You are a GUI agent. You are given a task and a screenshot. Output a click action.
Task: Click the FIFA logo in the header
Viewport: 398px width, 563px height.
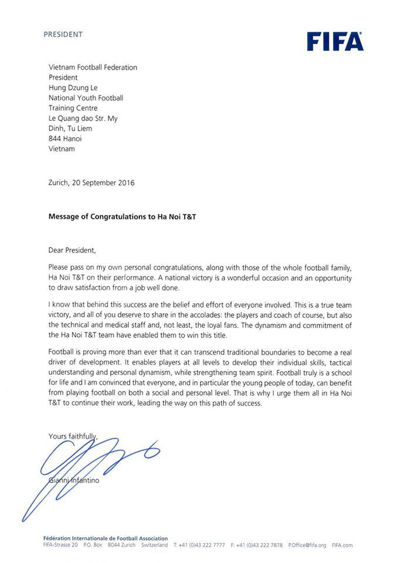pyautogui.click(x=335, y=42)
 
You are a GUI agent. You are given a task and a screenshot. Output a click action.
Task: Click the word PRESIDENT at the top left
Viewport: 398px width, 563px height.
pyautogui.click(x=63, y=35)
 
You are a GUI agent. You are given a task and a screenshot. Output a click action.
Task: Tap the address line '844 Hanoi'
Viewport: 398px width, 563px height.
pyautogui.click(x=65, y=138)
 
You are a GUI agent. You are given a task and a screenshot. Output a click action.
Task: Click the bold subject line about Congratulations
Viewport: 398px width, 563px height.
pyautogui.click(x=122, y=216)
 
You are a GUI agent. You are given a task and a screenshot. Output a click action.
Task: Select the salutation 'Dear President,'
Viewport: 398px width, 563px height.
pyautogui.click(x=72, y=250)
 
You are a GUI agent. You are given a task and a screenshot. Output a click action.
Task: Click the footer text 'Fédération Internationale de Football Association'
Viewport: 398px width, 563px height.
pyautogui.click(x=106, y=538)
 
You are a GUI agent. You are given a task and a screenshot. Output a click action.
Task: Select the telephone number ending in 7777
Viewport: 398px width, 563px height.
pyautogui.click(x=199, y=545)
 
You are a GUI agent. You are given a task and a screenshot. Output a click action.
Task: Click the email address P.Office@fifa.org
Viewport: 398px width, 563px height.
pyautogui.click(x=307, y=545)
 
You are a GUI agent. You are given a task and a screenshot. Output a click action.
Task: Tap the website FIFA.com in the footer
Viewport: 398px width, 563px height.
pyautogui.click(x=342, y=545)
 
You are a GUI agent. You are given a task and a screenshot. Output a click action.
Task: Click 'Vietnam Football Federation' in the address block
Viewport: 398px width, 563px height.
pyautogui.click(x=93, y=67)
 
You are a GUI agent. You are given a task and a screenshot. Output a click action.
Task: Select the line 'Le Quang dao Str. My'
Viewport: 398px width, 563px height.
pyautogui.click(x=83, y=118)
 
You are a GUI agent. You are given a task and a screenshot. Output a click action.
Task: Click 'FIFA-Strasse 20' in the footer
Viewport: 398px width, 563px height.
pyautogui.click(x=60, y=545)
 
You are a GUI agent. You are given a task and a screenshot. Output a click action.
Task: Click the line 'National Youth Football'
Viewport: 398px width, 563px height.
pyautogui.click(x=86, y=98)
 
